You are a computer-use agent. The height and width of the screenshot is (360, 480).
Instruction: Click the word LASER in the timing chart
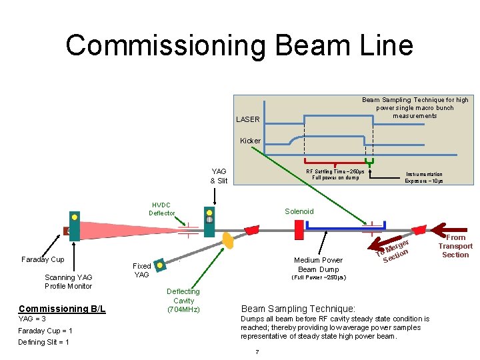[x=248, y=120]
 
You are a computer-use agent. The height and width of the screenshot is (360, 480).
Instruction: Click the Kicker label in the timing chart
[x=251, y=141]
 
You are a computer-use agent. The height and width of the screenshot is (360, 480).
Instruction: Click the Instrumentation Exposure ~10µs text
[x=423, y=178]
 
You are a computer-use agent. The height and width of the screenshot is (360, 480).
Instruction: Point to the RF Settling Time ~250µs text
[x=333, y=175]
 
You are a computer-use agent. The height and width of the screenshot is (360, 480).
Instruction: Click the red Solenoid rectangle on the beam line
[x=299, y=229]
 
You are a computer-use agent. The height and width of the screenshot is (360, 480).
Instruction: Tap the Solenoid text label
[x=299, y=211]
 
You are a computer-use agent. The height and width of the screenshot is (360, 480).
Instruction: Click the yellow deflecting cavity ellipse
[x=228, y=240]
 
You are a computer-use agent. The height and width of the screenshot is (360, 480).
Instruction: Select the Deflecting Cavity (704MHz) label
[x=183, y=301]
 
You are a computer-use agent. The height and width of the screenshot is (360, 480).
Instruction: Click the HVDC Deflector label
[x=161, y=209]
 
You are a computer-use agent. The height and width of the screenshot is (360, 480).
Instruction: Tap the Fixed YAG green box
[x=159, y=266]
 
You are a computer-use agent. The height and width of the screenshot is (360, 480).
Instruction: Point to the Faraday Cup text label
[x=43, y=259]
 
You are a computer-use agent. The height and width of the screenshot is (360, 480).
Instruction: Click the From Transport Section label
[x=455, y=246]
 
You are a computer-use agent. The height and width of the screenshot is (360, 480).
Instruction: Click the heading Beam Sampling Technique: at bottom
[x=298, y=309]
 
